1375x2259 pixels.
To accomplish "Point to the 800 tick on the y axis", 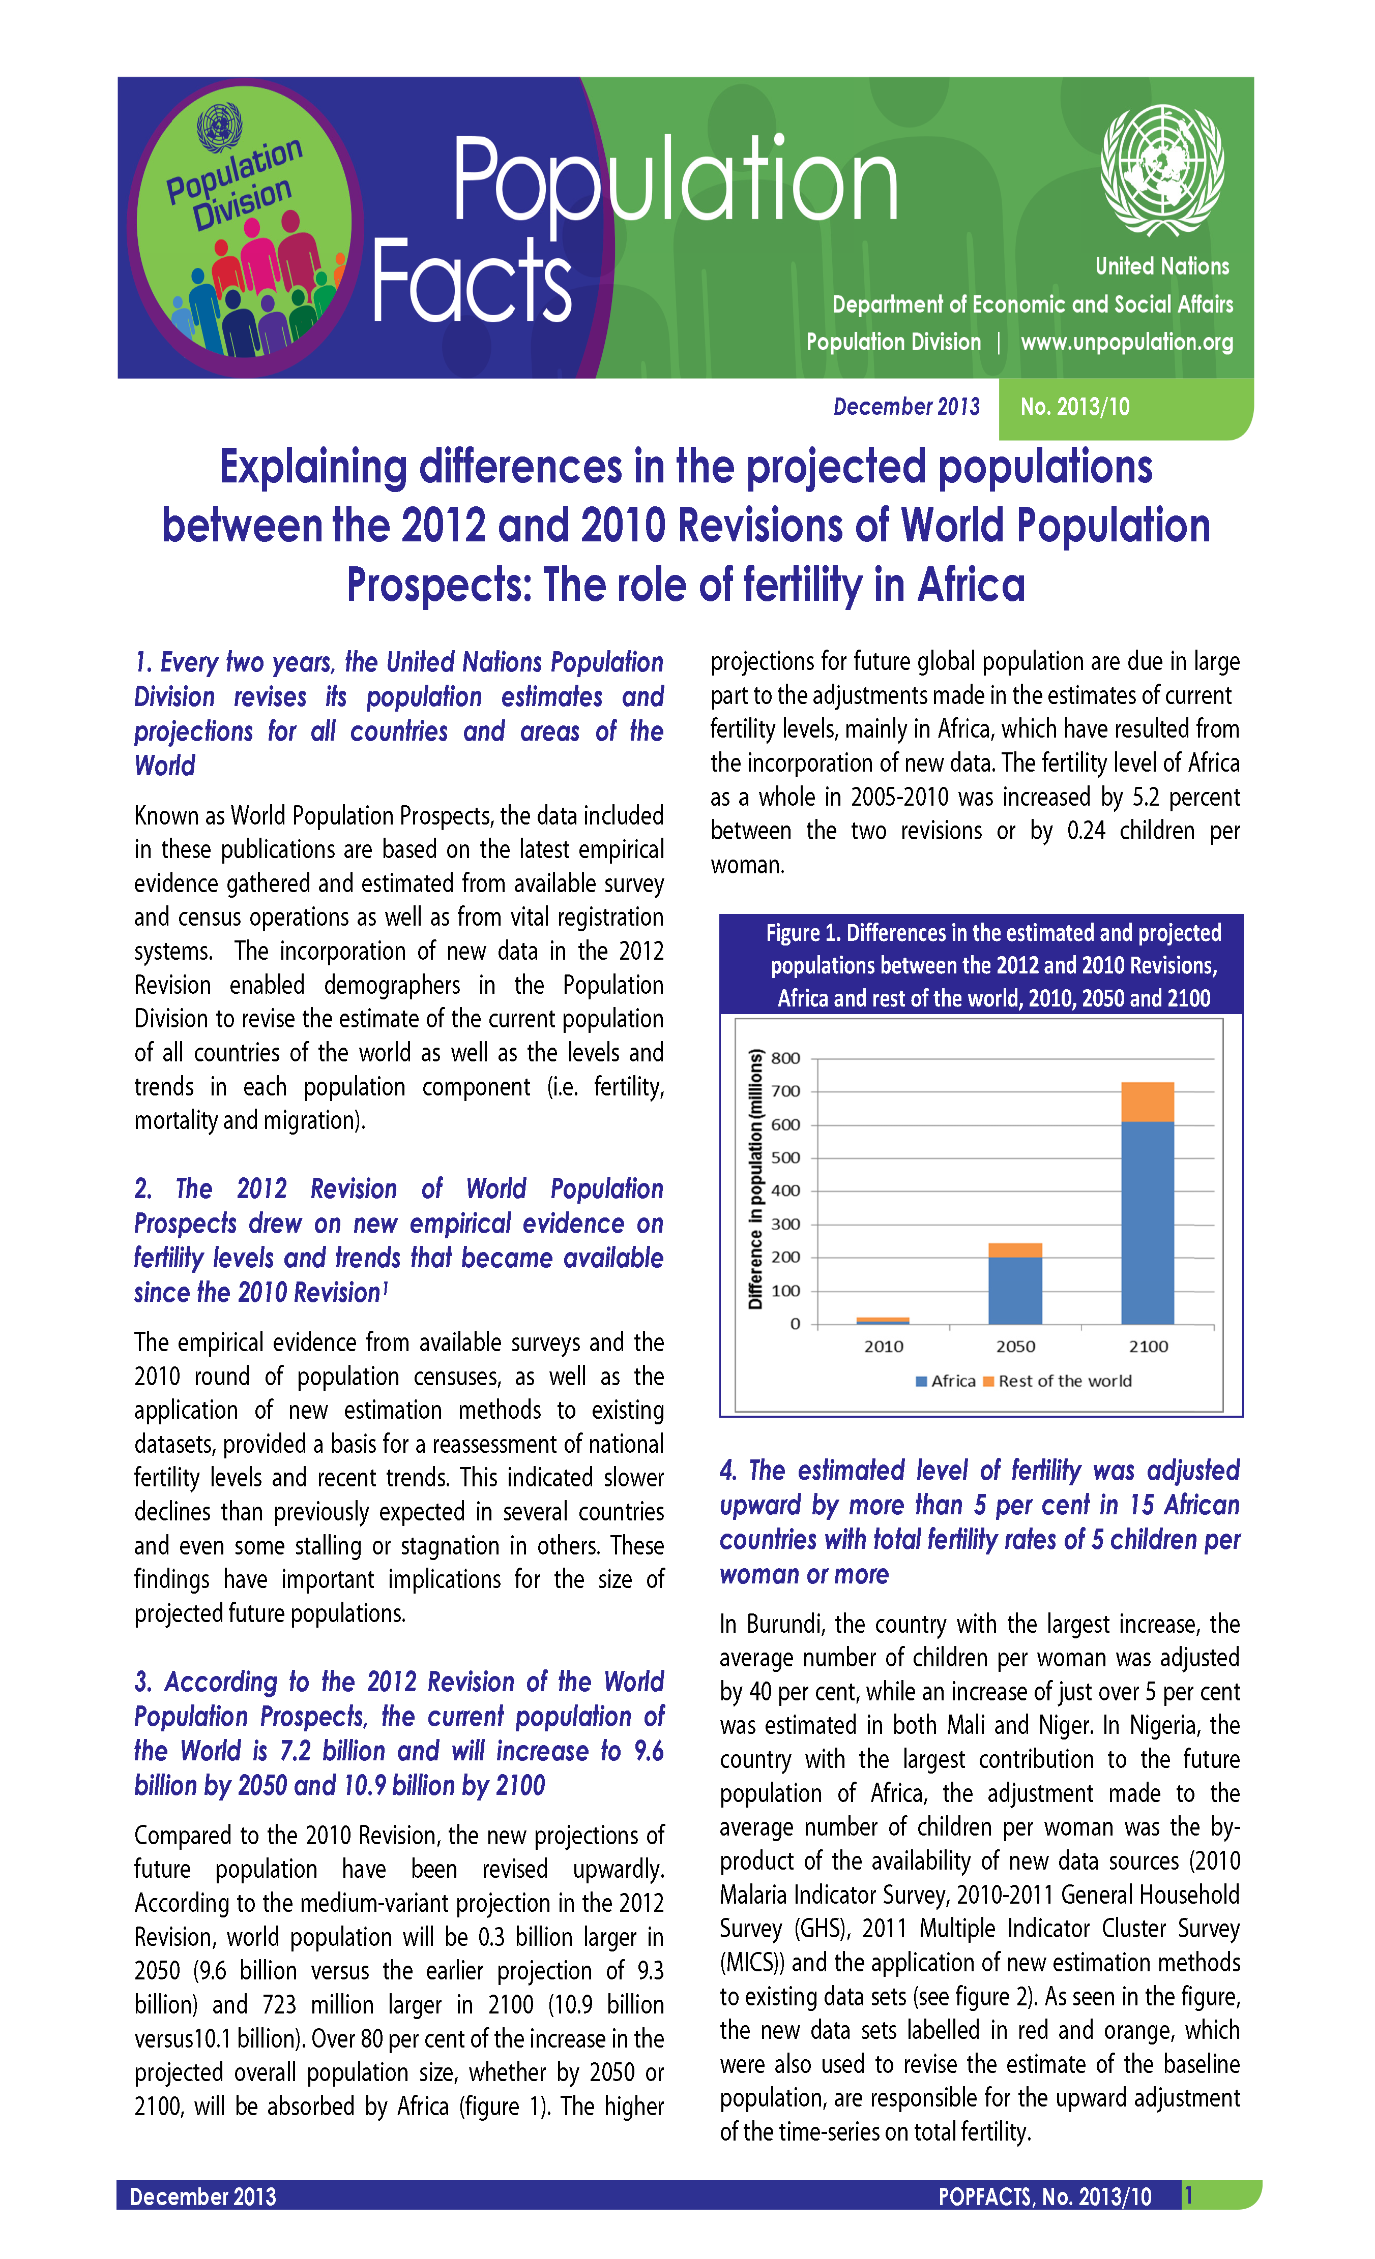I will pyautogui.click(x=785, y=1058).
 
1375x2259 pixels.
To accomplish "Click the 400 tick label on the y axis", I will pyautogui.click(x=785, y=1191).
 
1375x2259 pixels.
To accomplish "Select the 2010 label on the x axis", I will pyautogui.click(x=883, y=1346).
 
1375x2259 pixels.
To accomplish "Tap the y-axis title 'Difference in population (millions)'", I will pyautogui.click(x=756, y=1179).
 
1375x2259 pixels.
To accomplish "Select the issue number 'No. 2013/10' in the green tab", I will pyautogui.click(x=1074, y=407).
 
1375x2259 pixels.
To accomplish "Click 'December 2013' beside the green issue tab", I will pyautogui.click(x=905, y=407).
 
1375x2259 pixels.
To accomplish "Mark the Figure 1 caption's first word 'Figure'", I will pyautogui.click(x=792, y=933).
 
